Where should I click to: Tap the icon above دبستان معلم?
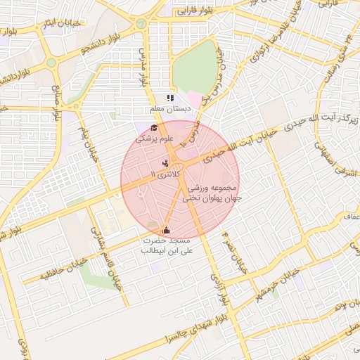tap(169, 98)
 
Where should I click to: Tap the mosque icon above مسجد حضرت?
tap(167, 229)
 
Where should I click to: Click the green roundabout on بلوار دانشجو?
tap(52, 63)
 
